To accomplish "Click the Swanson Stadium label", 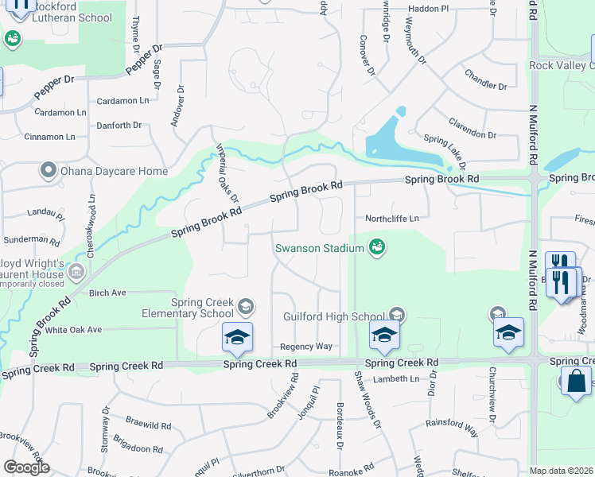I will coord(319,248).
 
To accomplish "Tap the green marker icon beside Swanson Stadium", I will coord(377,248).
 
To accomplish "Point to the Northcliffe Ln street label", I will coord(391,218).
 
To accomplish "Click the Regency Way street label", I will coord(305,347).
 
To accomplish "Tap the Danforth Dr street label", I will coord(119,125).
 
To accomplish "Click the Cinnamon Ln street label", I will coord(55,137).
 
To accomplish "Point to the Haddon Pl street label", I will coord(429,9).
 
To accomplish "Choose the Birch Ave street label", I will coord(108,293).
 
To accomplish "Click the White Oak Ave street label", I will coord(73,329).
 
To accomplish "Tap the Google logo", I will coord(26,467).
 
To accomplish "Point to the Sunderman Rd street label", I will coord(26,238).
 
